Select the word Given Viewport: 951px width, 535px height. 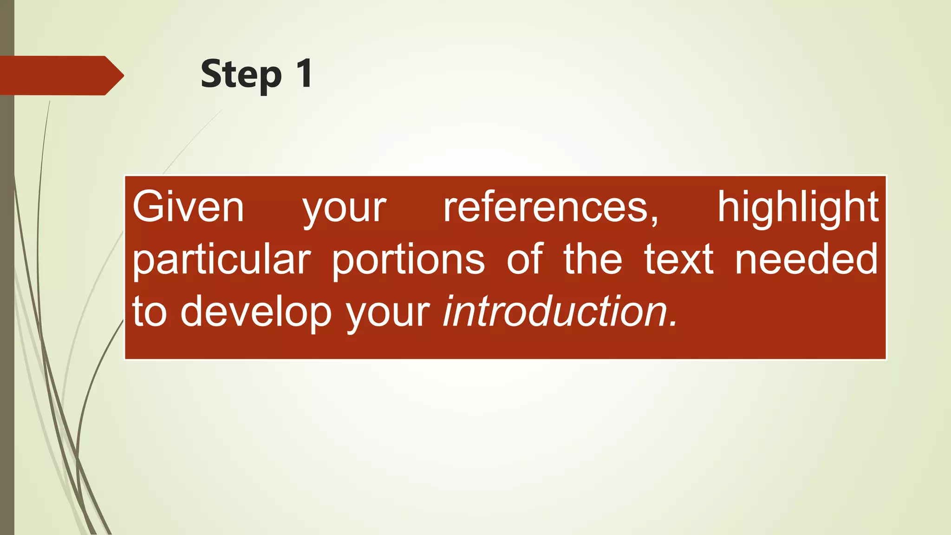pyautogui.click(x=188, y=207)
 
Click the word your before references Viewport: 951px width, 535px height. pyautogui.click(x=344, y=209)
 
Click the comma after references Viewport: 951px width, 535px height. pyautogui.click(x=654, y=221)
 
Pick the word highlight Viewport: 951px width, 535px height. pyautogui.click(x=798, y=207)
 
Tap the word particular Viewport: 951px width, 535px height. pyautogui.click(x=221, y=260)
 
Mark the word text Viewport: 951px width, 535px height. pyautogui.click(x=678, y=259)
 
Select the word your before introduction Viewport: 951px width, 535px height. pyautogui.click(x=388, y=314)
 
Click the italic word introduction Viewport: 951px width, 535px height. pyautogui.click(x=555, y=311)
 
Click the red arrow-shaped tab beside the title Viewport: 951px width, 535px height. pyautogui.click(x=60, y=75)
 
